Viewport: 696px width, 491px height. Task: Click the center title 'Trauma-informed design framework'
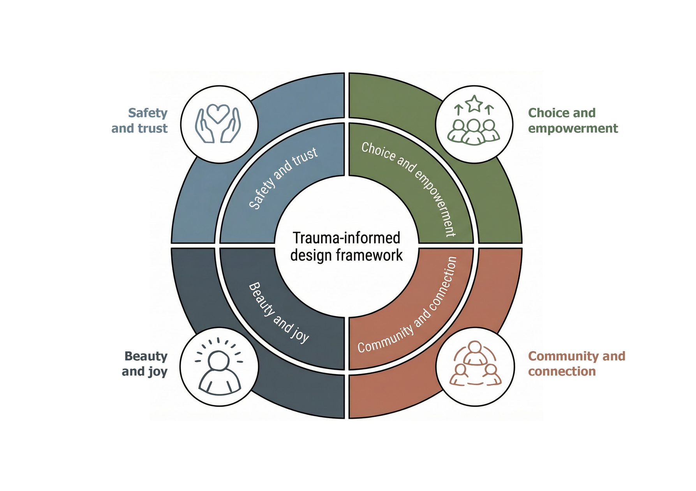(x=346, y=246)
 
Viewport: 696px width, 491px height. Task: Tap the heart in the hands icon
(x=218, y=113)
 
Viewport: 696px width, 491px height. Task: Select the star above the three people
(x=474, y=104)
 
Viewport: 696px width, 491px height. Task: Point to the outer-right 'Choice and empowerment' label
(x=573, y=120)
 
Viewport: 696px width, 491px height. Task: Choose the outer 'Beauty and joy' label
(x=145, y=364)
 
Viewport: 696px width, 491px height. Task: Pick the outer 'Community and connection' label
(x=576, y=364)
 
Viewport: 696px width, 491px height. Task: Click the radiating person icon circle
(x=219, y=367)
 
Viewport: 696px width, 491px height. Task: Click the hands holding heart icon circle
(x=219, y=124)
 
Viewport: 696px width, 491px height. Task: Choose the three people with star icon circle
(x=474, y=124)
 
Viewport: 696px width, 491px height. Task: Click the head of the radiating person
(x=218, y=360)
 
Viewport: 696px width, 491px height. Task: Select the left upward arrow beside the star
(x=459, y=110)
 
